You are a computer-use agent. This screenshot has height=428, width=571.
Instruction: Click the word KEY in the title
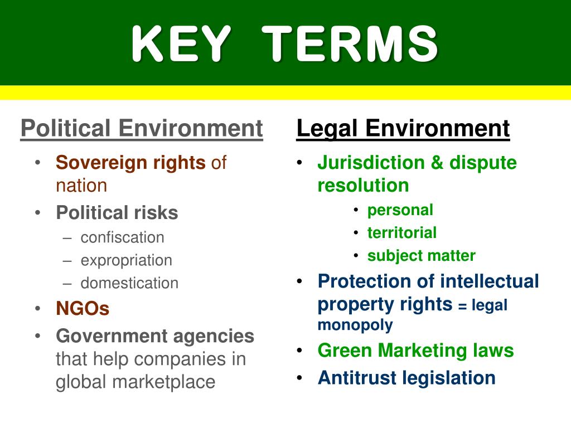pyautogui.click(x=181, y=44)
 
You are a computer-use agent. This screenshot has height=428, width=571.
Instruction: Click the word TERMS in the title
pyautogui.click(x=351, y=44)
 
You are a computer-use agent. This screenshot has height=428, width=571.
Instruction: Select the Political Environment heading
pyautogui.click(x=141, y=129)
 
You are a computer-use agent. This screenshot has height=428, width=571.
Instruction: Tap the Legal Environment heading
pyautogui.click(x=403, y=129)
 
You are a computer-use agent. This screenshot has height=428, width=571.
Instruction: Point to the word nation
pyautogui.click(x=81, y=185)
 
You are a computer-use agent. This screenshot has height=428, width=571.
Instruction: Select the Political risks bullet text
pyautogui.click(x=117, y=212)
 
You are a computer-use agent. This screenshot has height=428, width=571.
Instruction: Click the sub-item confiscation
pyautogui.click(x=122, y=237)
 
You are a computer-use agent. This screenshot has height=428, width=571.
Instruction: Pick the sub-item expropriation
pyautogui.click(x=126, y=260)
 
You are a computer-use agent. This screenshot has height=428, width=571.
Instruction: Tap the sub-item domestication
pyautogui.click(x=129, y=283)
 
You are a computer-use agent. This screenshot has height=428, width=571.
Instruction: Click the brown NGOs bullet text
pyautogui.click(x=83, y=308)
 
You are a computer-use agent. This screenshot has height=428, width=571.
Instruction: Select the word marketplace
pyautogui.click(x=163, y=382)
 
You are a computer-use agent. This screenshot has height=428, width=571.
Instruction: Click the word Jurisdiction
pyautogui.click(x=371, y=163)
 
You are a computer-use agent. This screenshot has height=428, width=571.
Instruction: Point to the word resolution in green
pyautogui.click(x=363, y=185)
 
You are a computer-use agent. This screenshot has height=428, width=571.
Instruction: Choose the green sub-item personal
pyautogui.click(x=400, y=210)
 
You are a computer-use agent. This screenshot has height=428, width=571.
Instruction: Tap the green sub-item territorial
pyautogui.click(x=401, y=232)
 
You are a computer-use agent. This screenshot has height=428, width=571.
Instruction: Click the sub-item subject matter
pyautogui.click(x=421, y=256)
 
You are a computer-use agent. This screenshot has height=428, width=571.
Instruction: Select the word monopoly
pyautogui.click(x=355, y=324)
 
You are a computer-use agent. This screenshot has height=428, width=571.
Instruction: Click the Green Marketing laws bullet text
pyautogui.click(x=415, y=351)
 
